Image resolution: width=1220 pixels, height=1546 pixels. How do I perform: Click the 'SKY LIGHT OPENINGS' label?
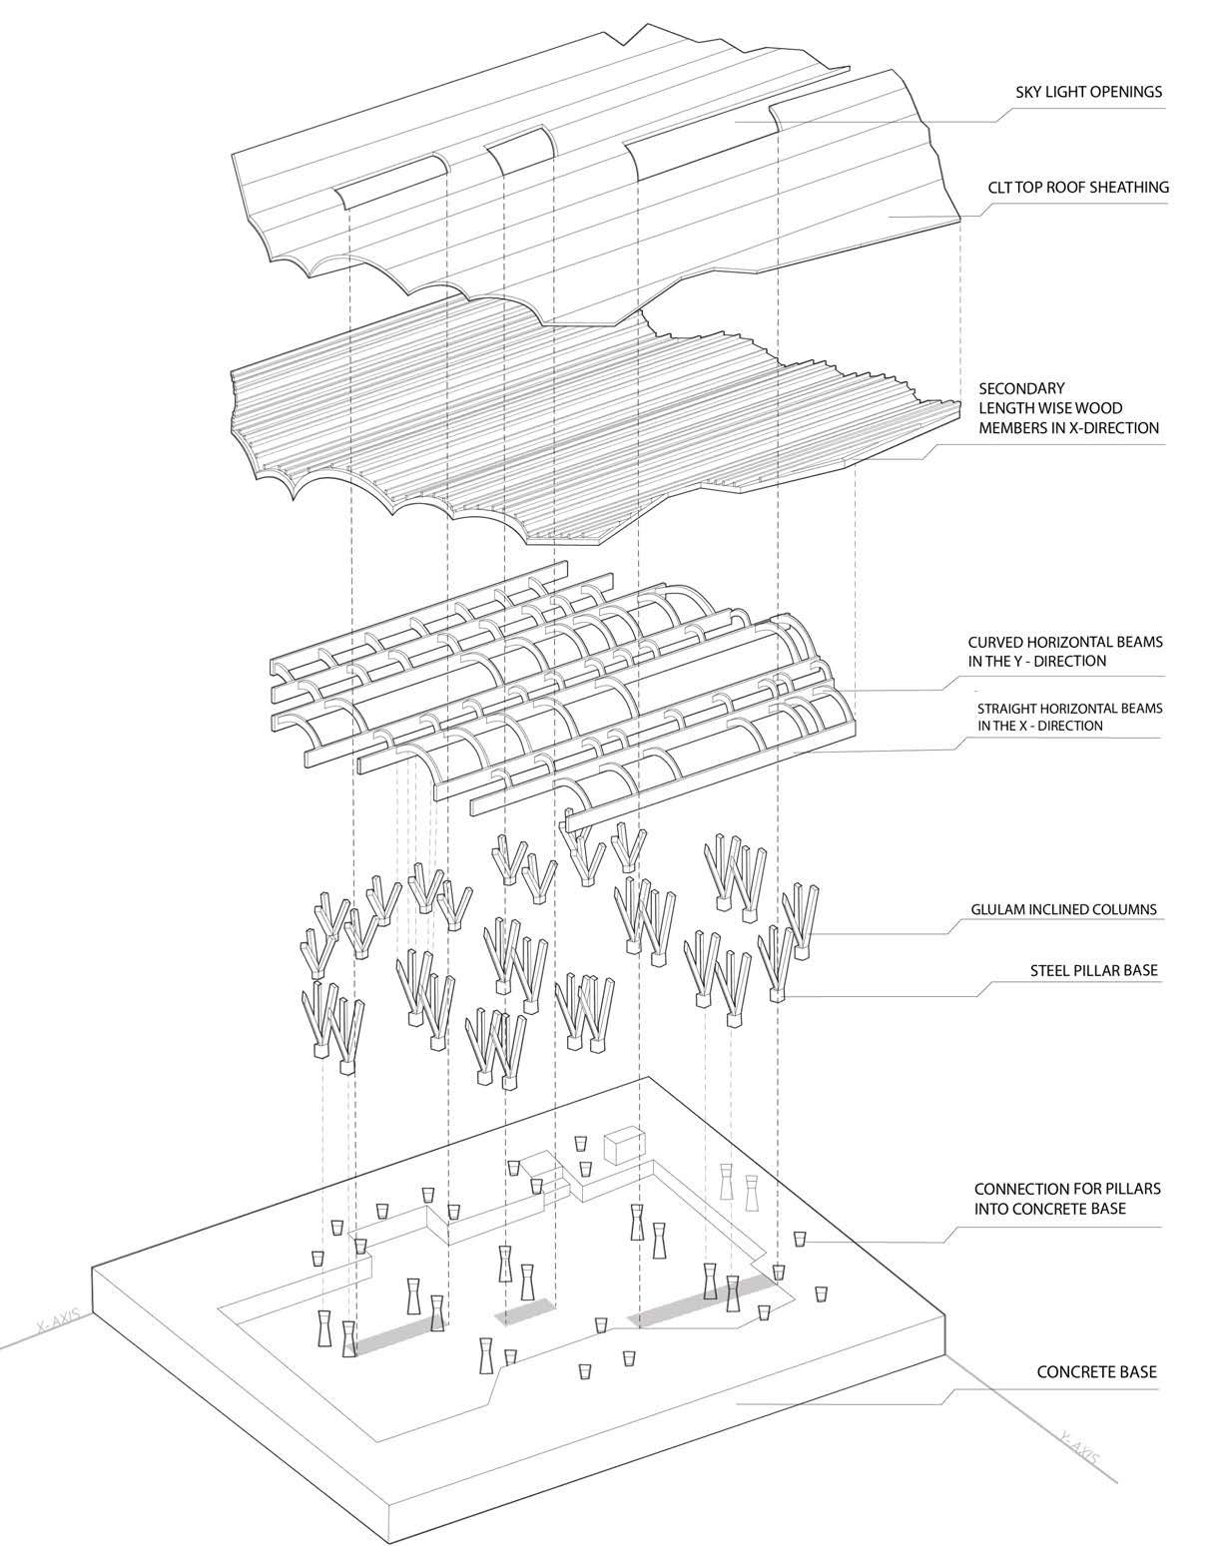point(1086,93)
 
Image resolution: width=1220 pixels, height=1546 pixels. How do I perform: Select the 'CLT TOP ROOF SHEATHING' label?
point(1078,187)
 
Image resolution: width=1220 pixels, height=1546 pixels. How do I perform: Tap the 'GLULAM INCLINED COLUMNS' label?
point(1063,909)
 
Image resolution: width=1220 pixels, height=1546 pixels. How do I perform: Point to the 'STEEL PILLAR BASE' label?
point(1094,969)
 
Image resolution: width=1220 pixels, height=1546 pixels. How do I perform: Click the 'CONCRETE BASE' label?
point(1096,1371)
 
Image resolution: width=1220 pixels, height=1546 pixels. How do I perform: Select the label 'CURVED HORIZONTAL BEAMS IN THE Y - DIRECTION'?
point(1065,651)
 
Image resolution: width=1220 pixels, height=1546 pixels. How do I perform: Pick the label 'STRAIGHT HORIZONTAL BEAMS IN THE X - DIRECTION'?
point(1069,717)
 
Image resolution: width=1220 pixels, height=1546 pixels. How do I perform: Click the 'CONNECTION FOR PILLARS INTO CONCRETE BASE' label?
point(1066,1199)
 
